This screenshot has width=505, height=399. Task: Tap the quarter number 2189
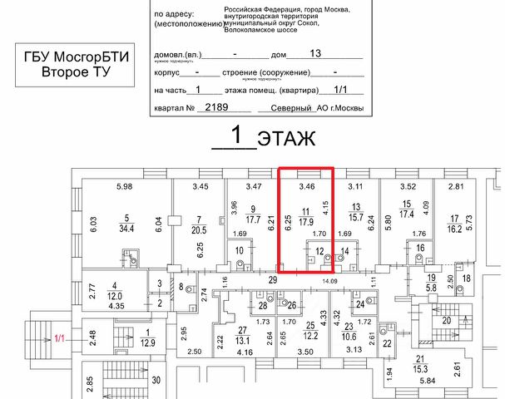click(x=216, y=108)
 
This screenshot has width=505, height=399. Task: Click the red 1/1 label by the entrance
click(x=59, y=337)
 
